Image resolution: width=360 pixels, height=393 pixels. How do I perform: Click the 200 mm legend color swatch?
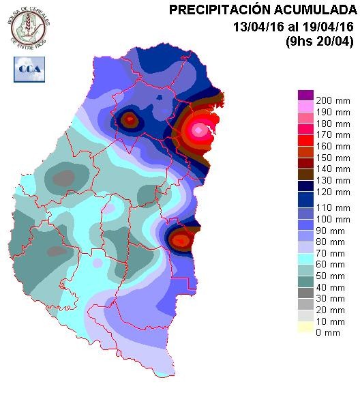[305, 95]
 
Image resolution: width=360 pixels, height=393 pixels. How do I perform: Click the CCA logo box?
[27, 69]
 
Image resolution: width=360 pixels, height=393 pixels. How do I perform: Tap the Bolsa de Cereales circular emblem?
[28, 26]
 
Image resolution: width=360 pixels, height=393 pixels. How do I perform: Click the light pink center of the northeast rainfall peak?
[199, 129]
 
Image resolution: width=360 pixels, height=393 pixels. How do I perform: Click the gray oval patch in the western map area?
[63, 179]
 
